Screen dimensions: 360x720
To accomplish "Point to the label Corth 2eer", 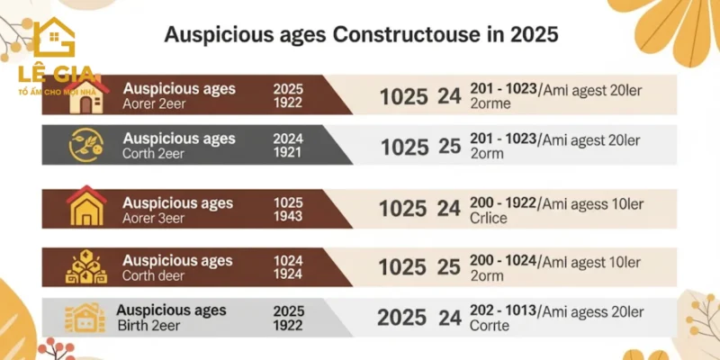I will coord(155,153).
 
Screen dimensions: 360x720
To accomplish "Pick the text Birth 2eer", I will coord(153,326).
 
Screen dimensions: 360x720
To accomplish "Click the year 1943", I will coord(288,218).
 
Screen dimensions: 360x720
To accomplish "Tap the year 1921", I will coord(288,153).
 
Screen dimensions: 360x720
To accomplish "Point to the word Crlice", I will coord(489,218).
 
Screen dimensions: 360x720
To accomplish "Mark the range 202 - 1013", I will coord(502,310).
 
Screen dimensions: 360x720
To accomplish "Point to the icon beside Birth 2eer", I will coord(81,318).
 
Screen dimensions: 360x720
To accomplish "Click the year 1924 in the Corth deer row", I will coord(288,276).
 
